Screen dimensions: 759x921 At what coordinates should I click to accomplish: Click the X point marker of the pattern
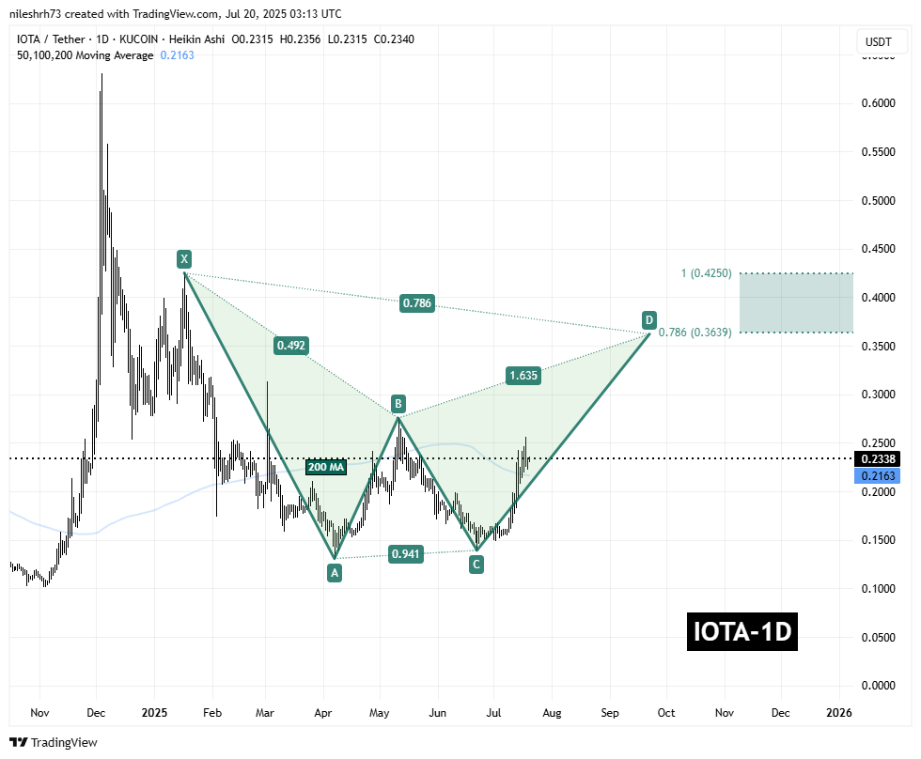click(x=184, y=257)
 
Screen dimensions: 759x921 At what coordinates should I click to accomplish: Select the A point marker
click(x=334, y=572)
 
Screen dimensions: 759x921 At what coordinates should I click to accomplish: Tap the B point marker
click(x=398, y=404)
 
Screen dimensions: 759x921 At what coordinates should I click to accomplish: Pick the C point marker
click(x=476, y=565)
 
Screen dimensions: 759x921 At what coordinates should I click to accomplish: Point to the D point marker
click(x=648, y=319)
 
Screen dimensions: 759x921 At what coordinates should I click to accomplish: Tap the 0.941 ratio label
click(x=408, y=554)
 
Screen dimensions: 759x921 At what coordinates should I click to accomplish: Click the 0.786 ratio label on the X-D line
click(x=417, y=303)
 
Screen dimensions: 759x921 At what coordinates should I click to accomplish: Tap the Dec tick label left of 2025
click(x=97, y=713)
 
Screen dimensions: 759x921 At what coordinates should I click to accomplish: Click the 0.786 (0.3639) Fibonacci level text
click(x=697, y=332)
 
